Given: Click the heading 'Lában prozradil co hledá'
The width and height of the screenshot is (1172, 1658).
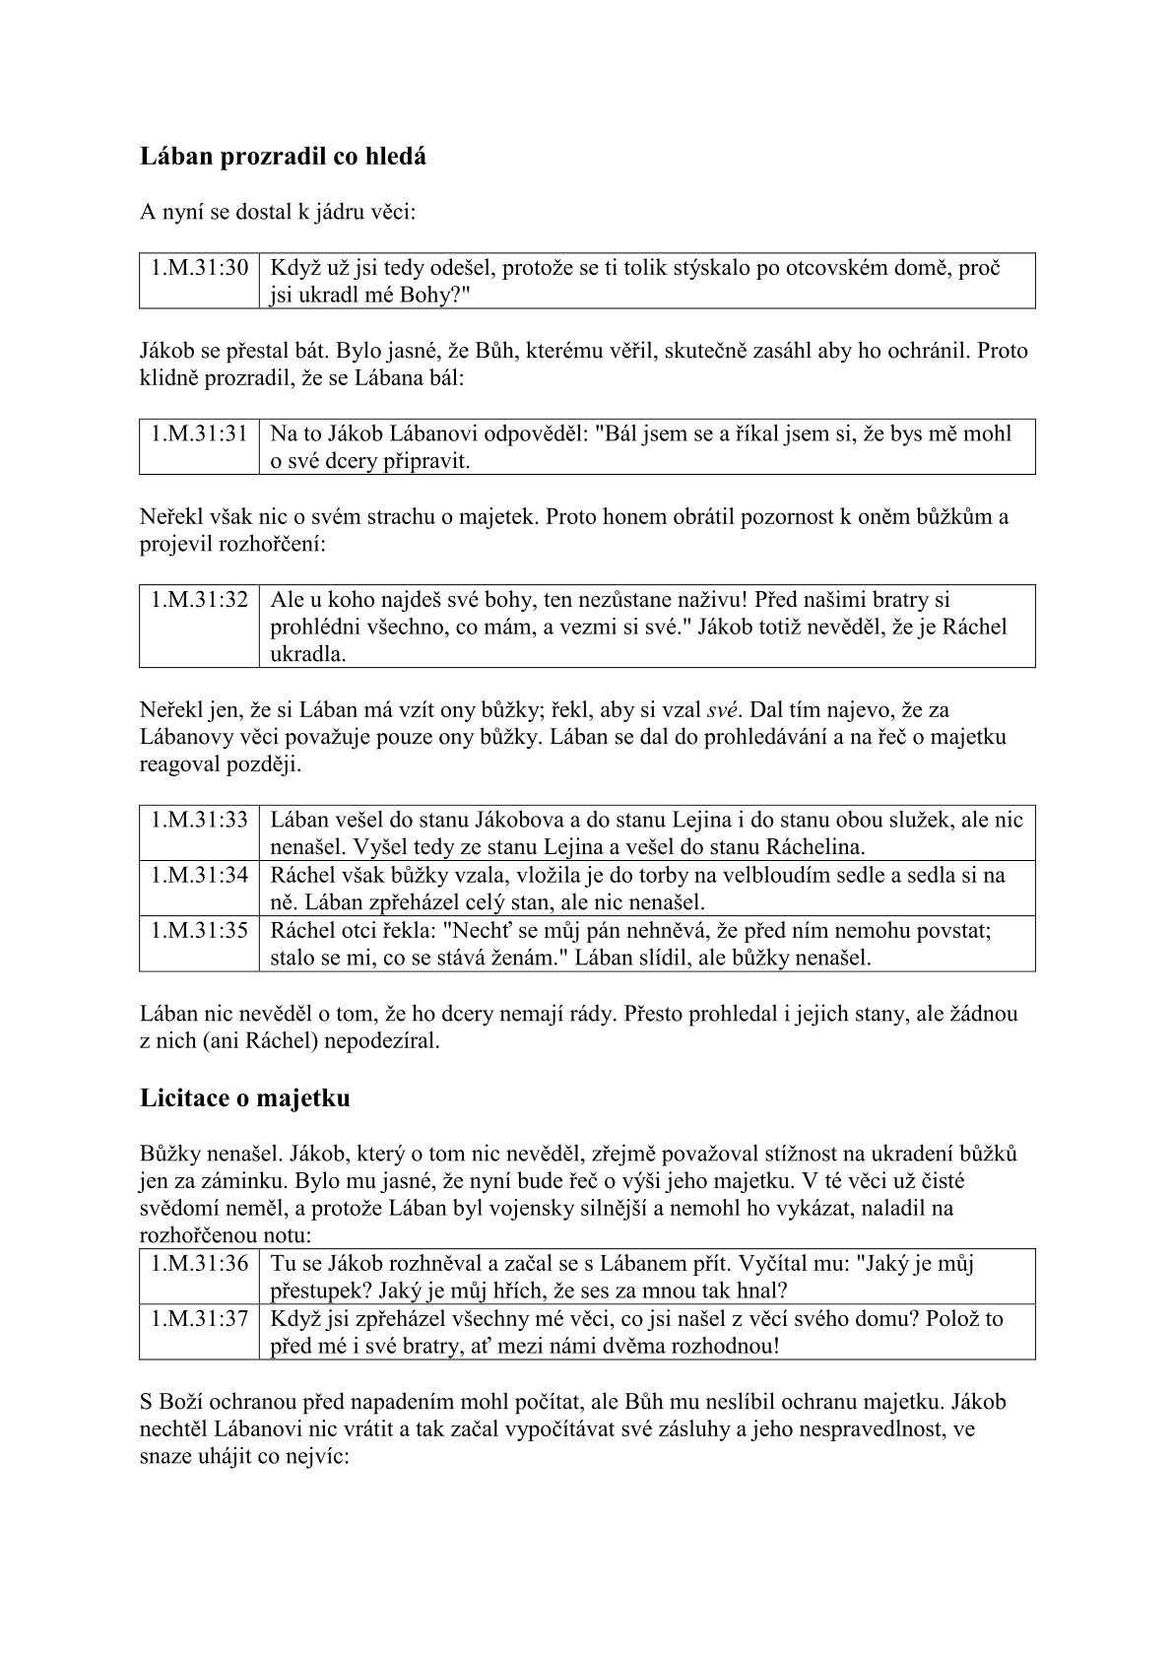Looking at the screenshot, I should (284, 157).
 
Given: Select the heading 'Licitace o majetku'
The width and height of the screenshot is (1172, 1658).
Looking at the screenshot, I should (244, 1097).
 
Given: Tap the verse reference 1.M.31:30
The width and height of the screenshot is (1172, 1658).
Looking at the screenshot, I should (199, 267).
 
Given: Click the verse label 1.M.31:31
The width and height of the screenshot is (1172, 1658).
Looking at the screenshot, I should (199, 432).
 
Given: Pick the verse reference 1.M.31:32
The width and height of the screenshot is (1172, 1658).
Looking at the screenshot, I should (199, 599).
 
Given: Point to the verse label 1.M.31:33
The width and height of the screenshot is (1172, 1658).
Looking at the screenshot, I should (199, 820).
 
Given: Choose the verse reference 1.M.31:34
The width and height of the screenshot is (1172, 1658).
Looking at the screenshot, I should (199, 875).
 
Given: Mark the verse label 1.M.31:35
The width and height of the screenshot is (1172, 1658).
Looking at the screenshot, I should (199, 930).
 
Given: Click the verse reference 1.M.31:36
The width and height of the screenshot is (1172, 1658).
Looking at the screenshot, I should (199, 1263).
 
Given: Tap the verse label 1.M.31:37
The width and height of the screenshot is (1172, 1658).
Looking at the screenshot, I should (199, 1318).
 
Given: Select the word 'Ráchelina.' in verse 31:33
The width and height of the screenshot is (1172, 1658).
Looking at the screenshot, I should (817, 847).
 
